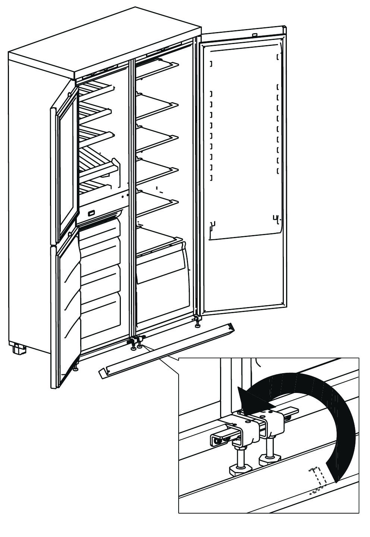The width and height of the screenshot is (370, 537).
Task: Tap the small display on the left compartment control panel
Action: click(x=91, y=213)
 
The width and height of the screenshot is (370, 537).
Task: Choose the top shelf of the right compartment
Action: click(x=157, y=67)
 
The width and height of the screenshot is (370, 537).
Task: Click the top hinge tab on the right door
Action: click(x=255, y=35)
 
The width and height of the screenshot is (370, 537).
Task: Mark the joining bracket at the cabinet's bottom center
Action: click(x=134, y=340)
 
